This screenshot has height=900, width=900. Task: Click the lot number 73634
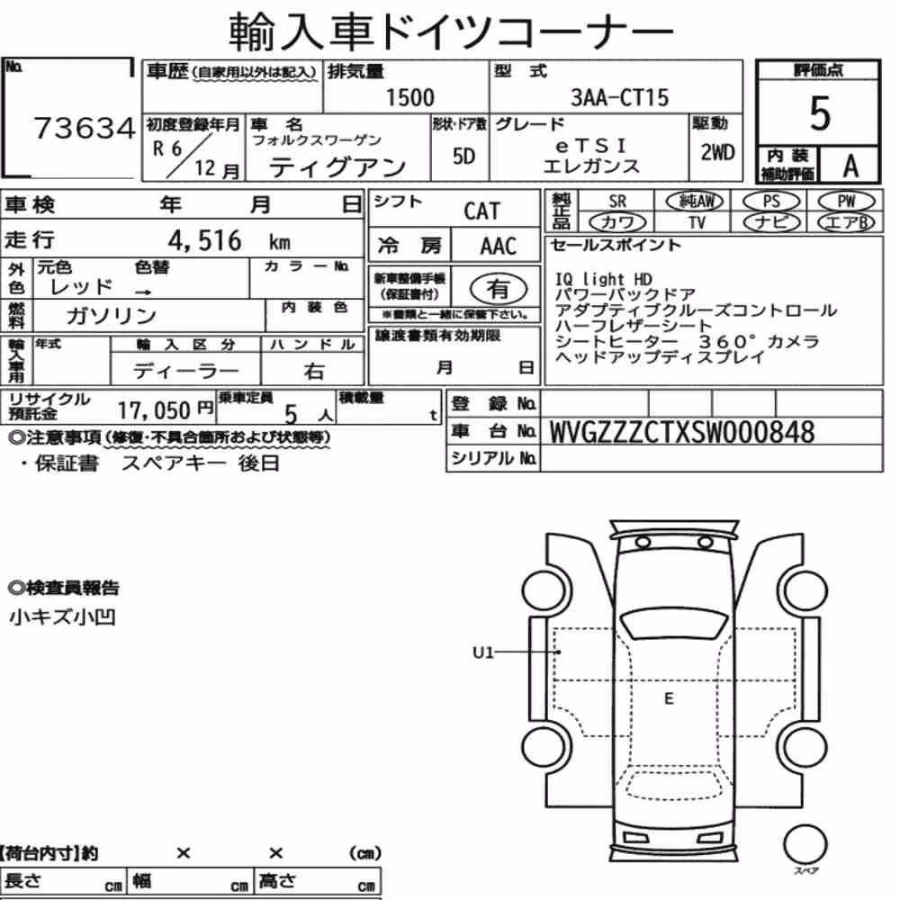click(x=85, y=128)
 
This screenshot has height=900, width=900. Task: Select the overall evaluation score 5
click(x=820, y=113)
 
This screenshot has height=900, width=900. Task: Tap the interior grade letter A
click(x=850, y=166)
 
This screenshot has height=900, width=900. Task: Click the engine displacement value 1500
click(x=409, y=97)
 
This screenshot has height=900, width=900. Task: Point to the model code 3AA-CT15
click(x=619, y=97)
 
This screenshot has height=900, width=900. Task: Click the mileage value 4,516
click(x=204, y=240)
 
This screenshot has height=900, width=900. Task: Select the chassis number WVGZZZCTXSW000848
click(x=682, y=432)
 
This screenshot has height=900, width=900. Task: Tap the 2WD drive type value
click(x=717, y=153)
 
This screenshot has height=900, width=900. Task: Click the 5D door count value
click(x=463, y=156)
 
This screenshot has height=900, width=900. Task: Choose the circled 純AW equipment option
click(x=695, y=201)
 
